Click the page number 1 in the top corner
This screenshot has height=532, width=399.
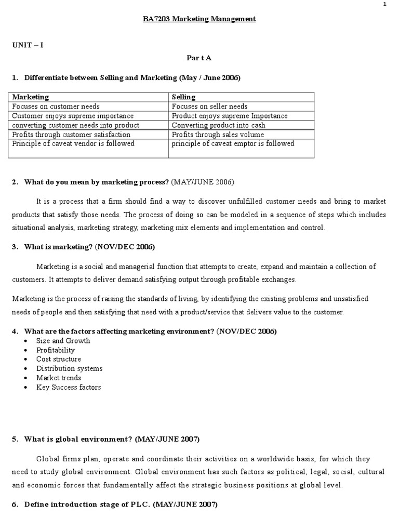coord(384,5)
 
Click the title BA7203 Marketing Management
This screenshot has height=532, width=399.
coord(199,19)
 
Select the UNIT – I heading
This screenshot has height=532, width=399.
coord(28,45)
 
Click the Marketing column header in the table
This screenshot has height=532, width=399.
coord(31,97)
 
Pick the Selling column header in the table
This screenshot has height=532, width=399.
coord(183,97)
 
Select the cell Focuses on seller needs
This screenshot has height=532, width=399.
coord(209,107)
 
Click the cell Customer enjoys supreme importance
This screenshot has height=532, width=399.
coord(73,116)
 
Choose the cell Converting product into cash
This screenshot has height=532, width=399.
coord(218,125)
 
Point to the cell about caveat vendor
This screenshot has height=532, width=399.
coord(73,144)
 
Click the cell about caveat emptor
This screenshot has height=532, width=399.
coord(233,144)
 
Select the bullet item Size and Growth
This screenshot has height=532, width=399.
coord(63,341)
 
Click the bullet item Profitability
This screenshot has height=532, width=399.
coord(56,350)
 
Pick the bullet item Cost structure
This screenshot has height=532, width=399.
coord(59,359)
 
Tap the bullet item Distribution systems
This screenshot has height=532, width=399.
coord(69,368)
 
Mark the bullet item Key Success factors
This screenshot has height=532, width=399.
coord(69,387)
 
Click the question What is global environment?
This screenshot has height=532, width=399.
coord(78,440)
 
